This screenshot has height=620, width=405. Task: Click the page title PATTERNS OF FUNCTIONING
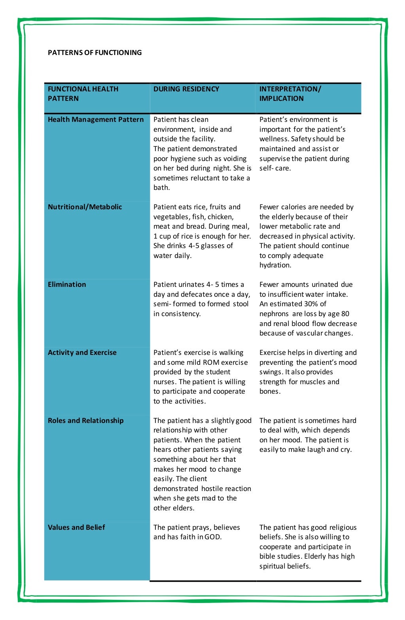click(x=95, y=53)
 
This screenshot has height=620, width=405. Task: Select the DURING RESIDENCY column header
click(x=186, y=89)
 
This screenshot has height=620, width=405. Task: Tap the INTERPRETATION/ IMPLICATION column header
click(x=290, y=94)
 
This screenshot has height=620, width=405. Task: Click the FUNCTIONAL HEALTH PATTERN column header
click(x=83, y=94)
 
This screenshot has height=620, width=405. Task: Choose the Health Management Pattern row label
click(x=96, y=119)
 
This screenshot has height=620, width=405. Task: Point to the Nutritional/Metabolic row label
click(x=85, y=207)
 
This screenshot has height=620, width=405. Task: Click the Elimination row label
click(x=67, y=284)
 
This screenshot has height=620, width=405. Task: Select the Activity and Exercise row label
click(x=82, y=353)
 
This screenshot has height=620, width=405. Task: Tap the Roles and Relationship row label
click(x=85, y=421)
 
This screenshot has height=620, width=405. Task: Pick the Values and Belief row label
click(x=76, y=527)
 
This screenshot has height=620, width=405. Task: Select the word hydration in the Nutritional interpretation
click(x=275, y=265)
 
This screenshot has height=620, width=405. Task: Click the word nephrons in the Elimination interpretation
click(x=274, y=314)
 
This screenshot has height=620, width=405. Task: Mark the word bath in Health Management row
click(x=161, y=188)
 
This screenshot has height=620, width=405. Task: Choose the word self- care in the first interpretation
click(x=275, y=168)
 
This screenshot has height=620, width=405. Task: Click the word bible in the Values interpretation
click(x=268, y=556)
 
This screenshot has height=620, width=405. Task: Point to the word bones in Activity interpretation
click(x=269, y=391)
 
